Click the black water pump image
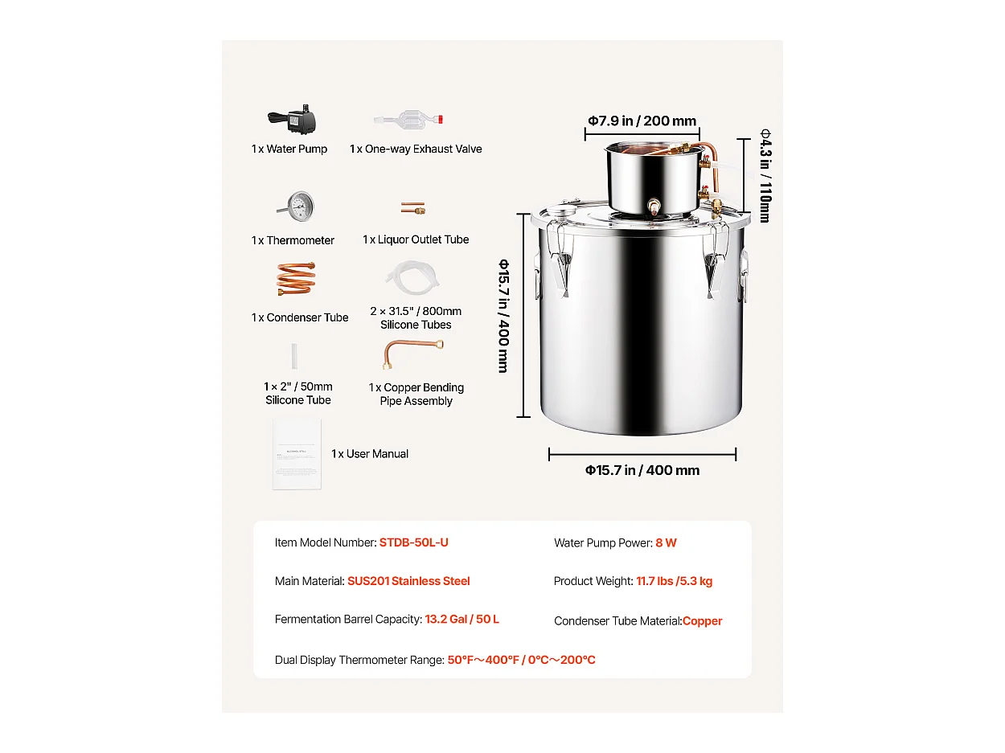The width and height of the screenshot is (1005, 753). pyautogui.click(x=293, y=121)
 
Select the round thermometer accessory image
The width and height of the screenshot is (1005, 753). pyautogui.click(x=298, y=208)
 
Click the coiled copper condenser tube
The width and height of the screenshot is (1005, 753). pyautogui.click(x=296, y=279)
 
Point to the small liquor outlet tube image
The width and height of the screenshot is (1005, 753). pyautogui.click(x=413, y=208)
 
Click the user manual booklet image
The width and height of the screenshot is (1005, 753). pyautogui.click(x=297, y=453)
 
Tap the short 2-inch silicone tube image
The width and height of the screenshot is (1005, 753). pyautogui.click(x=297, y=356)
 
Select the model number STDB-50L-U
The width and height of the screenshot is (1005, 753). pyautogui.click(x=413, y=542)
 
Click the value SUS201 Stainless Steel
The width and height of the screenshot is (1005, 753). pyautogui.click(x=408, y=581)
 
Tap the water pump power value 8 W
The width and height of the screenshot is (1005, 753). pyautogui.click(x=666, y=543)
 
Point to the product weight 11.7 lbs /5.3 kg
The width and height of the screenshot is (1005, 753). pyautogui.click(x=674, y=581)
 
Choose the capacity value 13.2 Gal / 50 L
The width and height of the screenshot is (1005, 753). pyautogui.click(x=461, y=620)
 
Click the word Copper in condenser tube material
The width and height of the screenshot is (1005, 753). pyautogui.click(x=702, y=620)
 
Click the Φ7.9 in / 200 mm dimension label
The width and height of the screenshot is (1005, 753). pyautogui.click(x=641, y=121)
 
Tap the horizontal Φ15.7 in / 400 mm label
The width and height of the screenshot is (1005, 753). pyautogui.click(x=642, y=470)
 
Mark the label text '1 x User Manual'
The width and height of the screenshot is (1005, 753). pyautogui.click(x=370, y=454)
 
